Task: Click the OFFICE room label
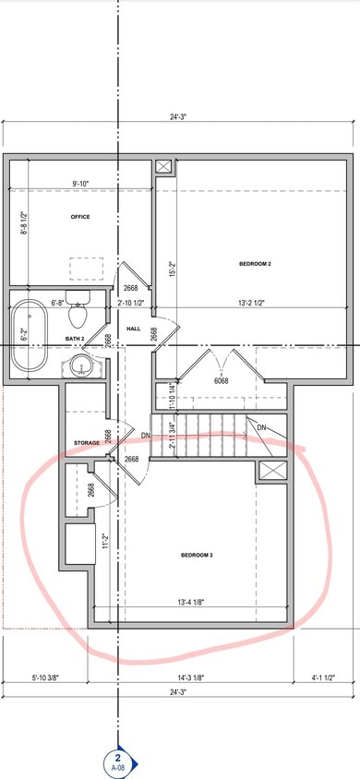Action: tap(79, 217)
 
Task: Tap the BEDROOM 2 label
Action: tap(255, 264)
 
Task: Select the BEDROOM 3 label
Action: tap(197, 555)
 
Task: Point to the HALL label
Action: tap(133, 329)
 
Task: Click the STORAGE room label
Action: tap(87, 443)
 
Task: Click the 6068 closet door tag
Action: tap(222, 380)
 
